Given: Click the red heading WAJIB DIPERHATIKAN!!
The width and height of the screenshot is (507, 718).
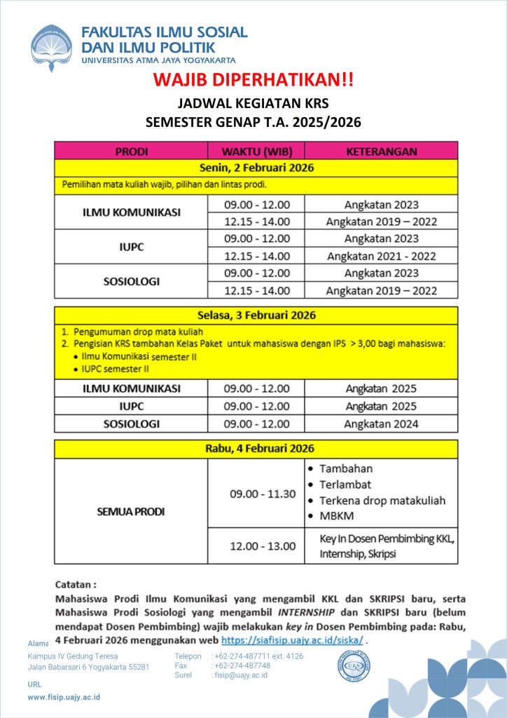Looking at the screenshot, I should tap(253, 79).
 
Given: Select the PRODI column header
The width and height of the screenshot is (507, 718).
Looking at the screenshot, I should tap(131, 151).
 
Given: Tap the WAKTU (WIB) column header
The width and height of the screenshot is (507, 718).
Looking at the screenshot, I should tap(256, 151).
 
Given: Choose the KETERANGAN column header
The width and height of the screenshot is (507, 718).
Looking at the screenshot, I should tap(381, 151).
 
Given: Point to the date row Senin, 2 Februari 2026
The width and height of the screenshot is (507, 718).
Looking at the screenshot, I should tap(256, 168).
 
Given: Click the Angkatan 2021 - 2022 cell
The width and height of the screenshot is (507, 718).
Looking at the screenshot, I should tap(381, 256).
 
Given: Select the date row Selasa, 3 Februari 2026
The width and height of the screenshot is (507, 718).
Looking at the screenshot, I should tap(256, 315).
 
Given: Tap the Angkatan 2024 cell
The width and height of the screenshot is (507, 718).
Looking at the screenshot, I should tap(381, 424).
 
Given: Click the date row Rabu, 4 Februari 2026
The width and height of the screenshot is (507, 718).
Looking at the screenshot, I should tap(256, 449).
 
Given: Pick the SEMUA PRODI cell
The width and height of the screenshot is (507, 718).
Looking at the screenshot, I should tap(131, 512).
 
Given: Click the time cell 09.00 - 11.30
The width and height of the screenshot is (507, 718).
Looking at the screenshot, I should tap(263, 494).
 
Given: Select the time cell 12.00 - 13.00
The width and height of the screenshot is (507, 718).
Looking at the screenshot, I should tap(263, 546).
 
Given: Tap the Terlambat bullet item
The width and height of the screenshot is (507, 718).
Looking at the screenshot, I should tap(345, 485).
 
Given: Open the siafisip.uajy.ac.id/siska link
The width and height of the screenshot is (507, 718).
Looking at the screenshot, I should tap(292, 640).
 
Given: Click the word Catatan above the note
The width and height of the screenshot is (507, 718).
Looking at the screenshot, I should tap(76, 584).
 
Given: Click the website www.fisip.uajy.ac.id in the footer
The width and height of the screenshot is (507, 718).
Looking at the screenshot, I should tap(64, 697).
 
